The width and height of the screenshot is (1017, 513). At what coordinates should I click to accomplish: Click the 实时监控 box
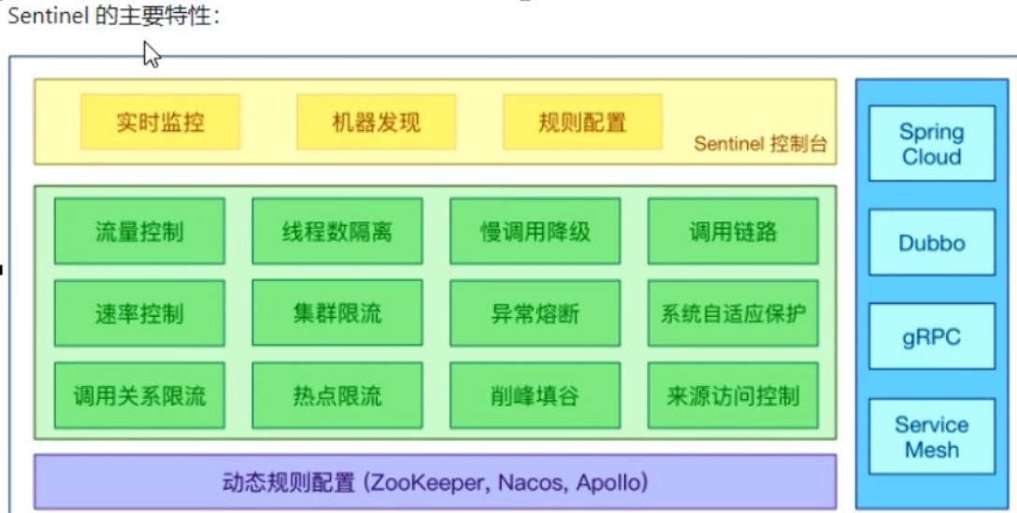click(x=160, y=122)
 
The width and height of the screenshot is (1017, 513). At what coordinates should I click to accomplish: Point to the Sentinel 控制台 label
click(x=760, y=145)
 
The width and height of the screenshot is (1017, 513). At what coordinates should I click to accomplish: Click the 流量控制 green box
click(x=139, y=231)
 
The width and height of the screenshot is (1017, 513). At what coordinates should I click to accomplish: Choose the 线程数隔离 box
click(x=337, y=231)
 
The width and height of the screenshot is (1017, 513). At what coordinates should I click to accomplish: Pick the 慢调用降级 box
click(x=535, y=231)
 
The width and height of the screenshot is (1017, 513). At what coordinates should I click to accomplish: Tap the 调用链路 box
click(x=733, y=231)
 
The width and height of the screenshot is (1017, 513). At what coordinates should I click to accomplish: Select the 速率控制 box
click(x=139, y=313)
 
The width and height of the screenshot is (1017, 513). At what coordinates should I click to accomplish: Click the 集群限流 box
click(x=337, y=313)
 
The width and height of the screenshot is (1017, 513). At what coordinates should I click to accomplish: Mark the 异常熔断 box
click(x=535, y=313)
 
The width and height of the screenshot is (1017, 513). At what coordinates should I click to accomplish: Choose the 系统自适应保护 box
click(x=733, y=313)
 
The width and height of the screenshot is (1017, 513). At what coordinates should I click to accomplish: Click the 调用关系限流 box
click(x=139, y=395)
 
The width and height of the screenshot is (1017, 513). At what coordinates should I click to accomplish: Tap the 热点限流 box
click(x=337, y=395)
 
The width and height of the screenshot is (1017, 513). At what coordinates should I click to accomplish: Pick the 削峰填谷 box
click(x=535, y=395)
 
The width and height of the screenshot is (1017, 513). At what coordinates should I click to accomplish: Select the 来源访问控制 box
click(x=733, y=395)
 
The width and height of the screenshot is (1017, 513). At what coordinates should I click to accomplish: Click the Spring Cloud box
click(x=931, y=144)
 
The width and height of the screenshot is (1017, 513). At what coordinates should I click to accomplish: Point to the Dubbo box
click(x=931, y=243)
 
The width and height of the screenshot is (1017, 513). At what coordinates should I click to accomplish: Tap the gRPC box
click(x=931, y=336)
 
